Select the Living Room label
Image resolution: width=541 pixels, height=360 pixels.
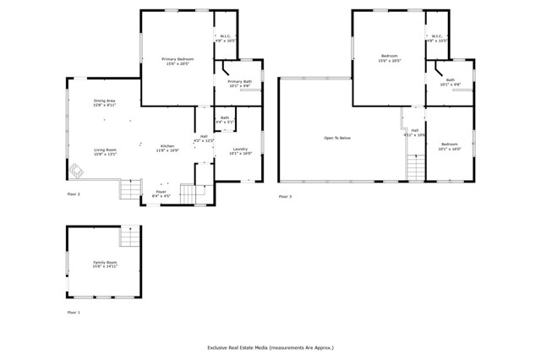click(x=105, y=152)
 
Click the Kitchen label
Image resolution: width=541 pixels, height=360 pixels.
click(x=167, y=148)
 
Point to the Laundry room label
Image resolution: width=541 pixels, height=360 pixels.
click(x=240, y=151)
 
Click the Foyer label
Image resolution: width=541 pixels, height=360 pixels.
click(x=161, y=194)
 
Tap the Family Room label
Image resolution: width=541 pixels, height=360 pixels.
click(x=105, y=265)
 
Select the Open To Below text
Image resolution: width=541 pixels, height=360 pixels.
click(x=336, y=138)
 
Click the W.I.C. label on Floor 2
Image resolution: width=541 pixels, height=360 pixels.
click(x=226, y=38)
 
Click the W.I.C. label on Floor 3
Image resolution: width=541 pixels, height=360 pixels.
click(x=437, y=38)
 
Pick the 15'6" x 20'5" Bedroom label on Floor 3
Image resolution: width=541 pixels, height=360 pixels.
click(x=389, y=58)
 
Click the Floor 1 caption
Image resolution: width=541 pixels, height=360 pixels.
click(x=74, y=313)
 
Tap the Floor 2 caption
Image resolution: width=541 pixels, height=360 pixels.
click(x=74, y=194)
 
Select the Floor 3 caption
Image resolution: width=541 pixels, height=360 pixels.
click(x=285, y=196)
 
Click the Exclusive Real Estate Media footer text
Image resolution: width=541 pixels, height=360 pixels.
click(x=270, y=347)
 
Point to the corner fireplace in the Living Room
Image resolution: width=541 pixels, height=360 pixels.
click(x=76, y=172)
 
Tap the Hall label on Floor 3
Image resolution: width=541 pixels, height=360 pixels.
click(x=415, y=132)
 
